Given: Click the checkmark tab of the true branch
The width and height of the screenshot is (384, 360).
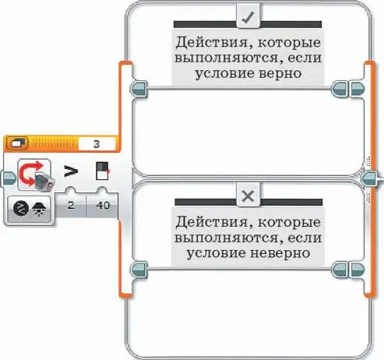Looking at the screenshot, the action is click(248, 16).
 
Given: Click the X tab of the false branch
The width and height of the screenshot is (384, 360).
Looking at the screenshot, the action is click(248, 196).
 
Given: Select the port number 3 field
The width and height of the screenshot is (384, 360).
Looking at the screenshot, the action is click(97, 144).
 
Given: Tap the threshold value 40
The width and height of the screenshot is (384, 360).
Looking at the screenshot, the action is click(103, 206).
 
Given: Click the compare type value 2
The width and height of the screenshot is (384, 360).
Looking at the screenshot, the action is click(71, 206).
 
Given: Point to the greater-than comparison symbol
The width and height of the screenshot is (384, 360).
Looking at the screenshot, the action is click(71, 171).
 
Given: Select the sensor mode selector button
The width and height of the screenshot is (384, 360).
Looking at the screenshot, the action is click(30, 209).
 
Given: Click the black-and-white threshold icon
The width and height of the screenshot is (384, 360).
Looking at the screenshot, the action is click(102, 171).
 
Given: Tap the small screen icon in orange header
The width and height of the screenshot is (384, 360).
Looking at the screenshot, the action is click(17, 143).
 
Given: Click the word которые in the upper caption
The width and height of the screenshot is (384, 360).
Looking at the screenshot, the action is click(289, 43).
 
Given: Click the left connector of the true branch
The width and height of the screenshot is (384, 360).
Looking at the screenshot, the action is click(139, 89).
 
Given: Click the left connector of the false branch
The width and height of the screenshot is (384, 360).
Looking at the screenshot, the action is click(139, 270).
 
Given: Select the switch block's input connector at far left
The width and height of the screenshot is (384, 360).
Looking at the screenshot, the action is click(8, 178).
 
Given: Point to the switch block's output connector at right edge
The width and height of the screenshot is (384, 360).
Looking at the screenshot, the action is click(370, 178).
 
